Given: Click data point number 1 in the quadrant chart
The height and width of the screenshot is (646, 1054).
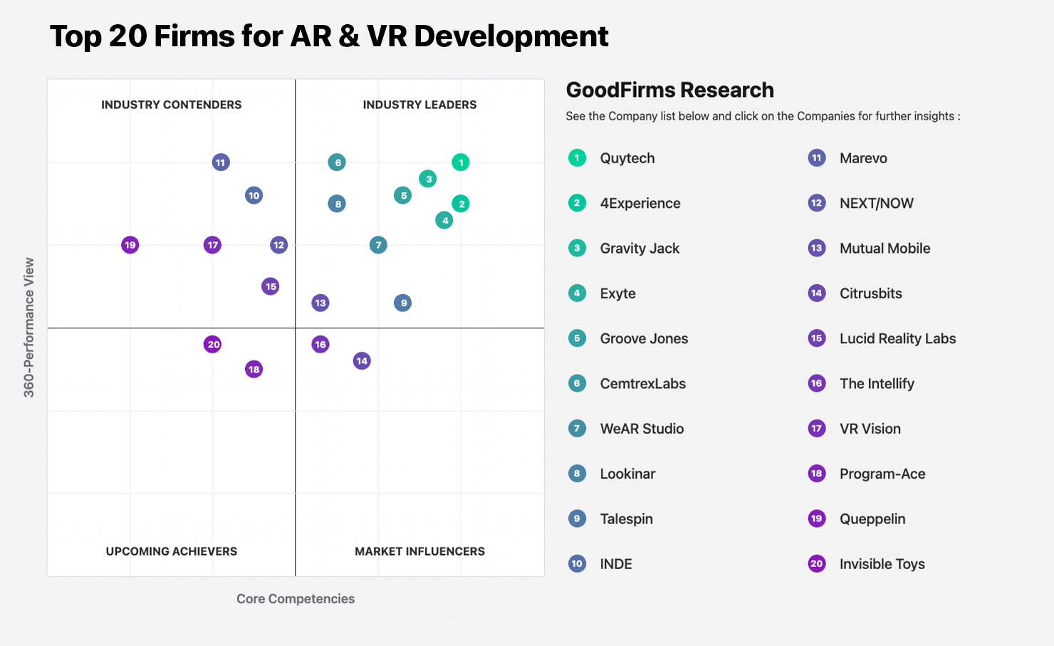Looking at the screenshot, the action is (x=461, y=162).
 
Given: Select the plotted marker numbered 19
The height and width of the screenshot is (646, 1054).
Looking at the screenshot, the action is (x=130, y=245).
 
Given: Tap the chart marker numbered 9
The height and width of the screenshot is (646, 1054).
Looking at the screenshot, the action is (x=403, y=303).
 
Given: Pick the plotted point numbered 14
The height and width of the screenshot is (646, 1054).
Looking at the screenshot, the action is (x=362, y=361).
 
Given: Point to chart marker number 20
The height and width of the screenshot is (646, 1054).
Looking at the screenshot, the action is (x=212, y=345).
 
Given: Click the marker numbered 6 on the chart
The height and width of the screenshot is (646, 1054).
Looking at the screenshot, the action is (x=337, y=162).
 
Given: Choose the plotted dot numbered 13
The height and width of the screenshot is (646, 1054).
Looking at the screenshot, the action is (x=320, y=303).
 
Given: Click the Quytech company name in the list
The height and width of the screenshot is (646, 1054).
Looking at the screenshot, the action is (x=627, y=158).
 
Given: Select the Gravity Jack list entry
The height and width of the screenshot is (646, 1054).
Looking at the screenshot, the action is (x=640, y=249).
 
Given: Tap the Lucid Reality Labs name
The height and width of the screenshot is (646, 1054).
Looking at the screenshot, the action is (x=898, y=339).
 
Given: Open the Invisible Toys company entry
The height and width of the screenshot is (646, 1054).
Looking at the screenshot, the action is (x=882, y=563).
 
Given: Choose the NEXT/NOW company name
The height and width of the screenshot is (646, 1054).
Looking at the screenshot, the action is (x=877, y=203).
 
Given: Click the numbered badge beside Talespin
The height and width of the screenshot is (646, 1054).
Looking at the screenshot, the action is (x=577, y=519).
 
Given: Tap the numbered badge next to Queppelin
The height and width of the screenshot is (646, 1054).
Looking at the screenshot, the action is (x=817, y=519).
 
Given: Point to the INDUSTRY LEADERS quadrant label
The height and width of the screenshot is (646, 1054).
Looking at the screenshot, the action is (x=419, y=105).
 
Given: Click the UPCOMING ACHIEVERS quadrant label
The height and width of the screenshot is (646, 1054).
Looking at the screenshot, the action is (x=171, y=551).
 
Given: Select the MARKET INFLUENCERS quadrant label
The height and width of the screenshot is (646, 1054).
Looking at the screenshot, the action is (x=419, y=551).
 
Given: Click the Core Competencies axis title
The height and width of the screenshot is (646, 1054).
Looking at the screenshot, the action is (x=296, y=598).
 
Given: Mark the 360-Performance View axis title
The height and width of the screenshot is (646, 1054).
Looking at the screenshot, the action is (x=29, y=328).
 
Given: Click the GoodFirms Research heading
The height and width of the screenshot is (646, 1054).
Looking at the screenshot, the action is (x=669, y=90).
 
